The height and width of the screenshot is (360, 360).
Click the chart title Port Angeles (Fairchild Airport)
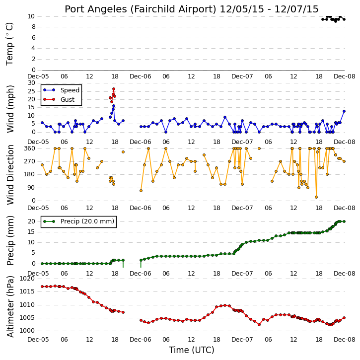141,9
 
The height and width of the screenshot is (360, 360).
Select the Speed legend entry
61,90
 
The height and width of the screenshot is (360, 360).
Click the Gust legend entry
59,100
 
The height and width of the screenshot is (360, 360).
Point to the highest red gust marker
114,89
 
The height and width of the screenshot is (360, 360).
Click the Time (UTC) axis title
191,350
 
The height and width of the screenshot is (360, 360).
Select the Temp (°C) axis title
9,44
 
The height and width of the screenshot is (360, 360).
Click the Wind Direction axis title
10,175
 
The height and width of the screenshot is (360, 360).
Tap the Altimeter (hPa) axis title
10,307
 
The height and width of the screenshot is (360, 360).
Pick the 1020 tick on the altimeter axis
27,279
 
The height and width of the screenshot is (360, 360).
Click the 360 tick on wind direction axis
30,148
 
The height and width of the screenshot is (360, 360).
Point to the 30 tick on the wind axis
31,83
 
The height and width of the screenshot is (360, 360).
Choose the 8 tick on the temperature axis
34,27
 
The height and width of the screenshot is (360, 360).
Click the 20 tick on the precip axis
31,221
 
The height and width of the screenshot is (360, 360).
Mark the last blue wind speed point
344,111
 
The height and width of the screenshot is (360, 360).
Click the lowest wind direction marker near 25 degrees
316,197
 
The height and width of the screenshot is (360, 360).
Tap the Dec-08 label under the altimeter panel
345,340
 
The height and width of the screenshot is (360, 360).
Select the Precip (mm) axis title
10,241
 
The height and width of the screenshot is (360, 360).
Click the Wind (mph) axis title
10,109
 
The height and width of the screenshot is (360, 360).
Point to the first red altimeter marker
42,287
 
